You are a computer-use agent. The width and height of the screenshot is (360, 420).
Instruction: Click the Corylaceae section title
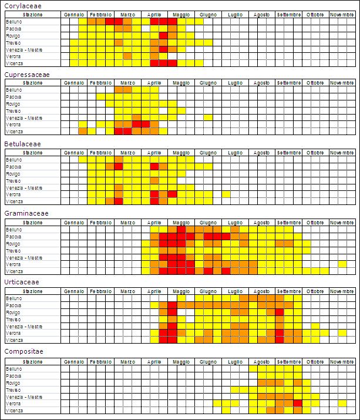click(23, 6)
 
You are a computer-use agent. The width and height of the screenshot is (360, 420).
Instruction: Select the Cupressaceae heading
click(26, 75)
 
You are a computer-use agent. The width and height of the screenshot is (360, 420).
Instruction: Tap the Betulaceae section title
click(23, 144)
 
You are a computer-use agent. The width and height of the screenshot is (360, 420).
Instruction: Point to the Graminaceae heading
click(26, 213)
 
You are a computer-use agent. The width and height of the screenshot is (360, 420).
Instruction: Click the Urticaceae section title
click(22, 282)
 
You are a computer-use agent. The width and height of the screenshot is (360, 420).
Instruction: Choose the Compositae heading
click(23, 351)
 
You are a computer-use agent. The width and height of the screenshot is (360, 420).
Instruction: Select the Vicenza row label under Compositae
click(14, 411)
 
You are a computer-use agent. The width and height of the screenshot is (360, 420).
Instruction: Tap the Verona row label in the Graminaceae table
click(13, 264)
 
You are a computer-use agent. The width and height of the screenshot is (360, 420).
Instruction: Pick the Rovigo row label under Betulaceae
click(13, 174)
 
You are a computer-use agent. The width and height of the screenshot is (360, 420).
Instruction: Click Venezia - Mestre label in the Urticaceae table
click(23, 326)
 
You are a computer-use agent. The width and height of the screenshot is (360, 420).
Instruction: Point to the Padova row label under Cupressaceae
click(13, 97)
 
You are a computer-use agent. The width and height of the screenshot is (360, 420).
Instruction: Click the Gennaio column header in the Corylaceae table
click(74, 14)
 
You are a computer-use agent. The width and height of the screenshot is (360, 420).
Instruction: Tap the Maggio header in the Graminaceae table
click(181, 223)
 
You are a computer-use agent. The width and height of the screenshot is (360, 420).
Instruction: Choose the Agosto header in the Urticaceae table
click(261, 292)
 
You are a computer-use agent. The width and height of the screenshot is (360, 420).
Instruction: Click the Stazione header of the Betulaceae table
click(33, 153)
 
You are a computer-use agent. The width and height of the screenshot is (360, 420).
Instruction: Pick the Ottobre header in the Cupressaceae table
click(315, 83)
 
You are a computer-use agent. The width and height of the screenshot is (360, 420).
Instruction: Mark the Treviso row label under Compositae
click(13, 389)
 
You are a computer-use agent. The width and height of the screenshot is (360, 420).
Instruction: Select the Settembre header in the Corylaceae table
click(288, 14)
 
